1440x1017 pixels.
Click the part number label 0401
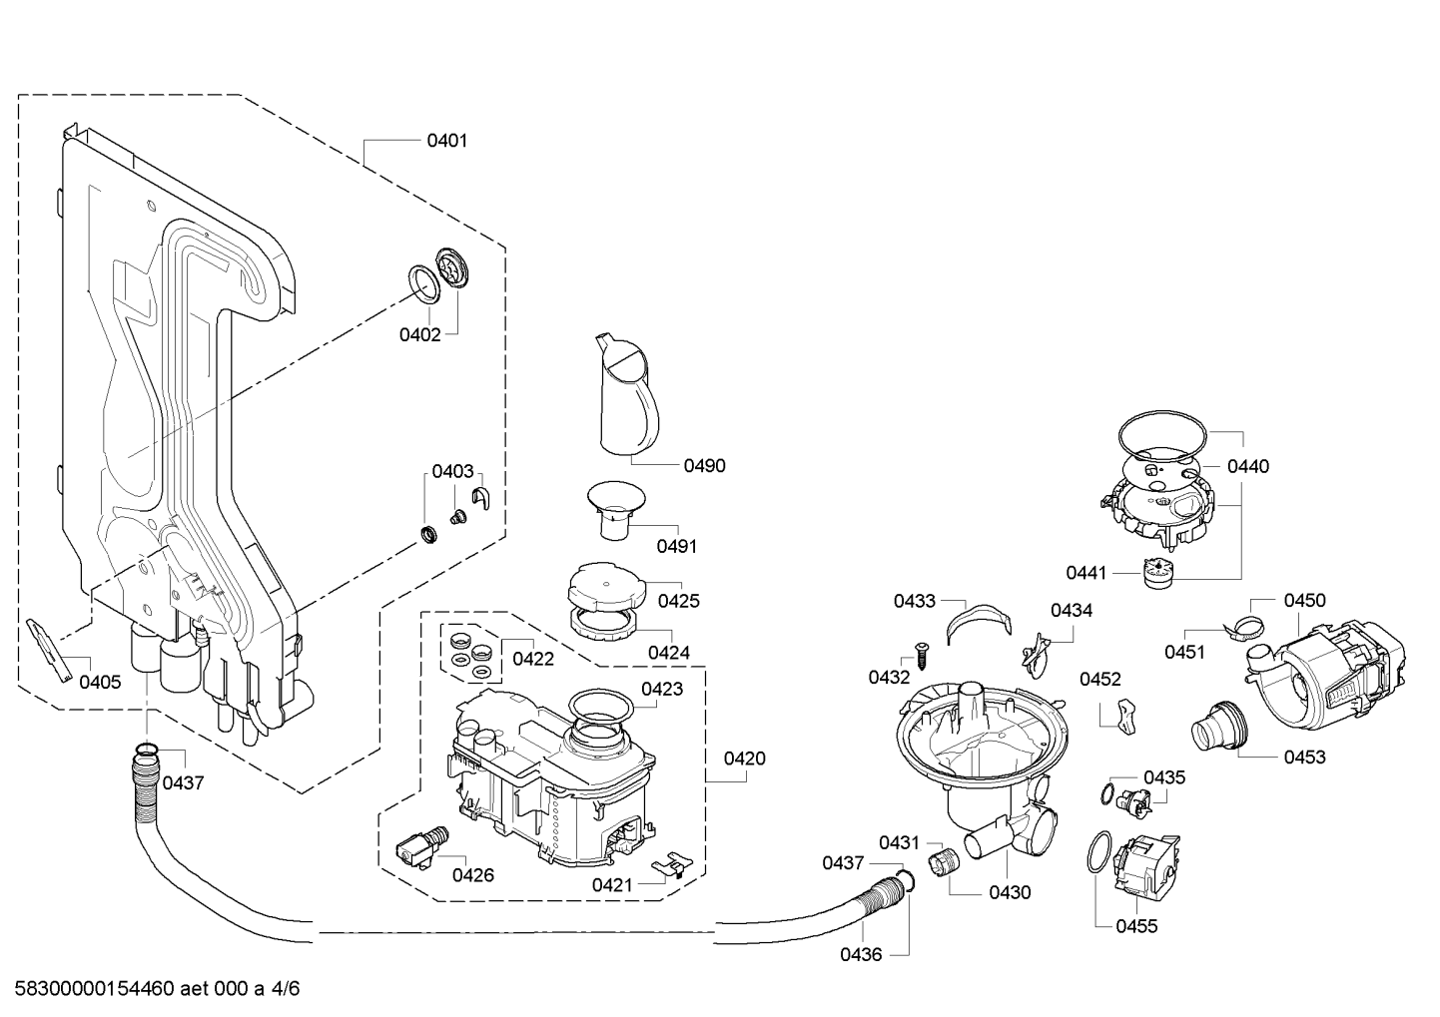click(x=446, y=141)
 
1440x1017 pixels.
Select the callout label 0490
click(x=705, y=466)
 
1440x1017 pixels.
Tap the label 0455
click(x=1136, y=926)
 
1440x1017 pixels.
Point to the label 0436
click(x=861, y=955)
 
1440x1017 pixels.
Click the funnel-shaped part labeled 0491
click(x=616, y=509)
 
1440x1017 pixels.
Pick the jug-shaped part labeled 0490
click(x=627, y=394)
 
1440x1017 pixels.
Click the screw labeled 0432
click(x=921, y=656)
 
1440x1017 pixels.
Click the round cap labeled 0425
click(x=605, y=585)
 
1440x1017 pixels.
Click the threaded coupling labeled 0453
click(x=1219, y=726)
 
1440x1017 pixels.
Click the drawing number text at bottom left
click(x=157, y=988)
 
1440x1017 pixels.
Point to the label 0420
click(x=744, y=759)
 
